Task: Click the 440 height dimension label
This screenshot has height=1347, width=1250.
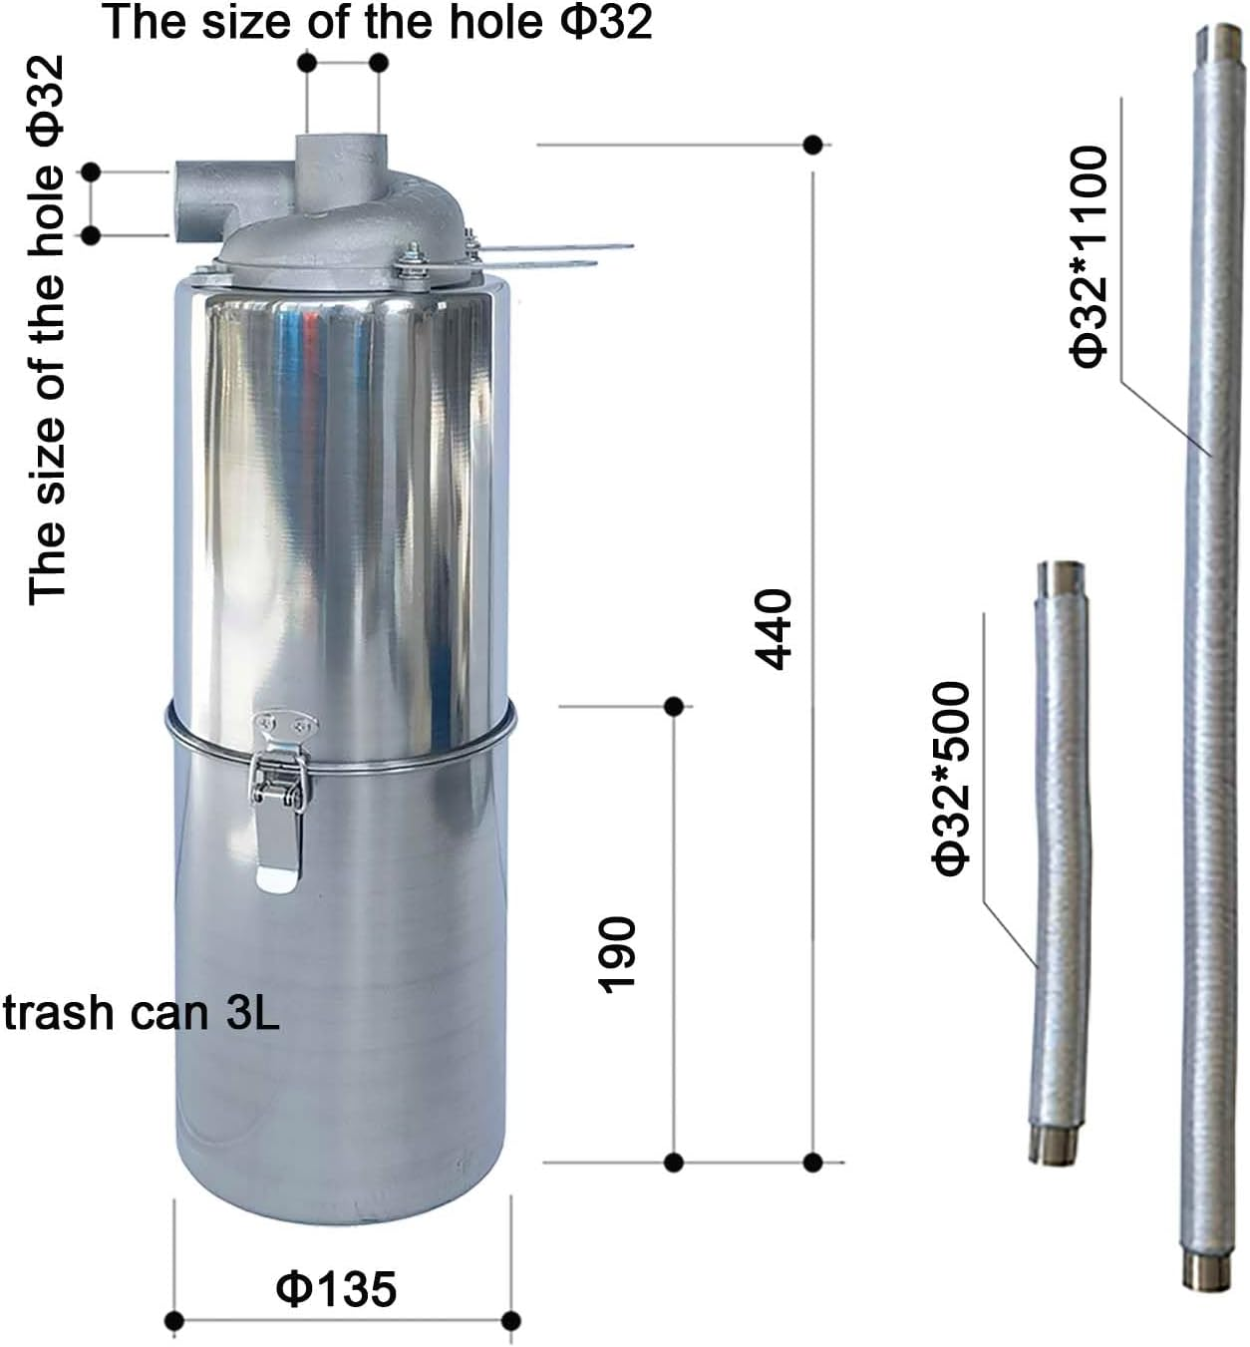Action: click(775, 629)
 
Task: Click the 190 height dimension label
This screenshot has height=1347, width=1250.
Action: click(617, 954)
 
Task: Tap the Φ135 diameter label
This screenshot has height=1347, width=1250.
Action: click(336, 1287)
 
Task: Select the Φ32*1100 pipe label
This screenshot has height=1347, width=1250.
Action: click(1089, 256)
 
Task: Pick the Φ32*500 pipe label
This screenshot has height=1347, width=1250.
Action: click(952, 779)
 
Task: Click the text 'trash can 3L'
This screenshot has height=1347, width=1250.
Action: click(141, 1013)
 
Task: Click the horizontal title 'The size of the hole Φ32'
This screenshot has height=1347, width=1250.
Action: click(378, 22)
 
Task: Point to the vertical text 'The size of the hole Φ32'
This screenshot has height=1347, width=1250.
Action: click(47, 330)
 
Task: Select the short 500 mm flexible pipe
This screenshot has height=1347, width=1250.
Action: click(1059, 857)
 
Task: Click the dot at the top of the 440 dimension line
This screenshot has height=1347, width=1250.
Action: click(813, 145)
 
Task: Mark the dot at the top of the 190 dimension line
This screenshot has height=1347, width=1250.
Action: click(673, 707)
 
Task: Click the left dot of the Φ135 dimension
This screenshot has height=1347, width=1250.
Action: click(174, 1322)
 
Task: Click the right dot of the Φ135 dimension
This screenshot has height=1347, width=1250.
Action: click(510, 1322)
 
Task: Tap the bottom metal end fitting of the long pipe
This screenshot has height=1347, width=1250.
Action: click(1200, 1269)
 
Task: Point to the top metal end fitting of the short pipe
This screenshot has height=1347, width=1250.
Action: click(1059, 578)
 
